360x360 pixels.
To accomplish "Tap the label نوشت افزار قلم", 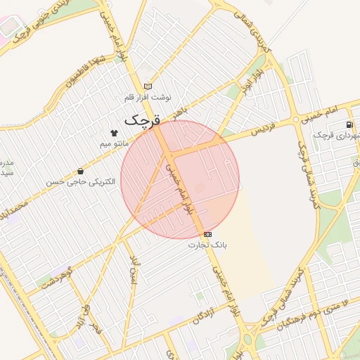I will [148, 97].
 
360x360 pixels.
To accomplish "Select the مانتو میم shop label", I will [113, 143].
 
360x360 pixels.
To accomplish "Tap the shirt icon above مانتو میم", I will [114, 132].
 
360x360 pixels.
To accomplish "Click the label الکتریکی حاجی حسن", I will [80, 182].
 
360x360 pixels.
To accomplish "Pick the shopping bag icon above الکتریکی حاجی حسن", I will [80, 171].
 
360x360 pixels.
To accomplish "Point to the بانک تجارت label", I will [207, 245].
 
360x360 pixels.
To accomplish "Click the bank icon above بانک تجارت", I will [207, 233].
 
